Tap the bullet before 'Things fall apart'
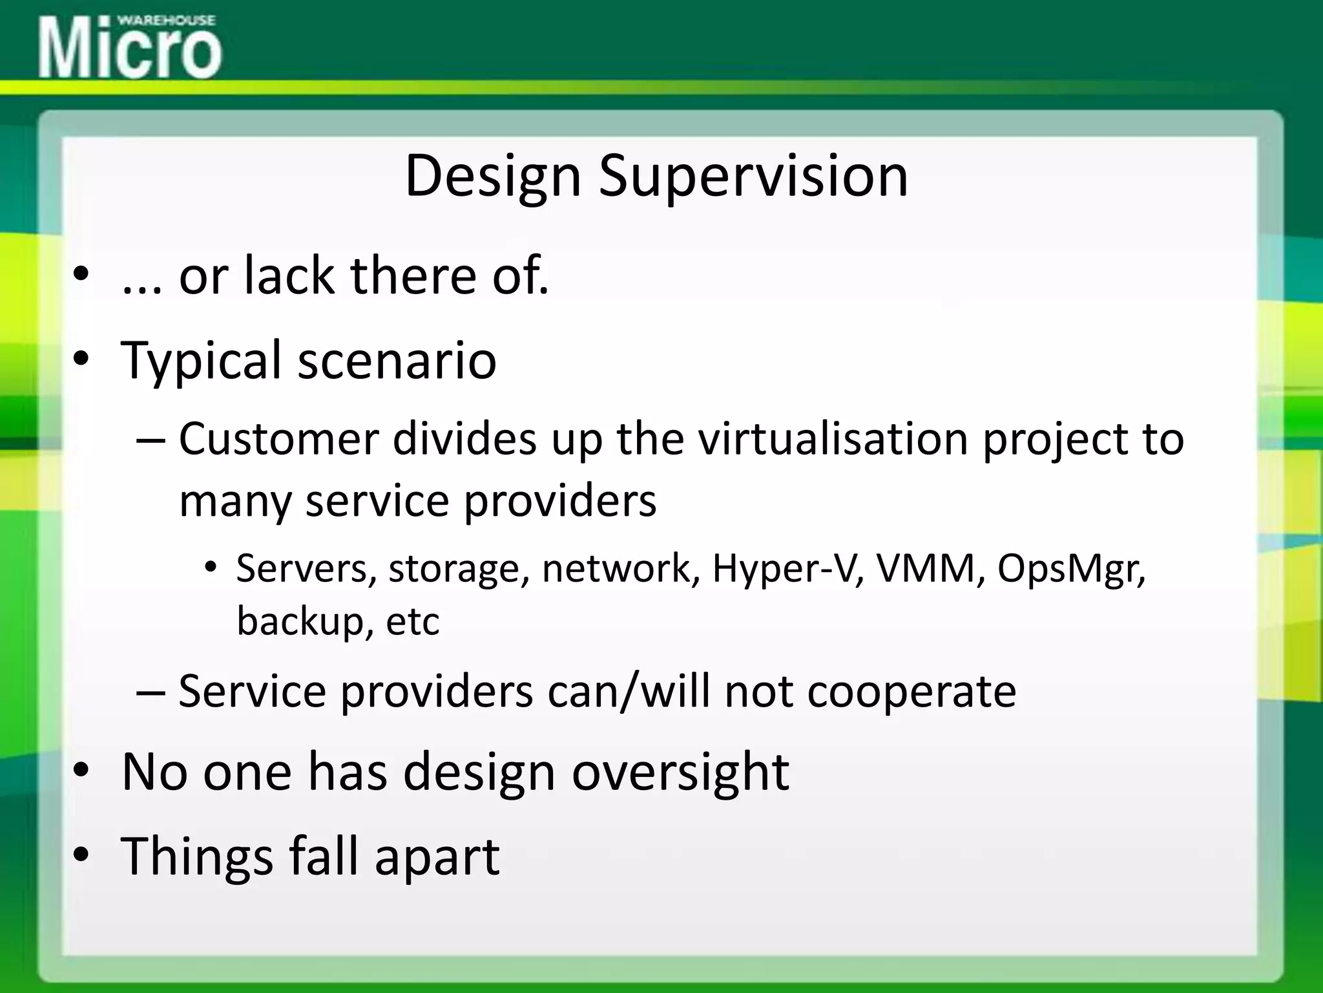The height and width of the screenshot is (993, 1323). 80,855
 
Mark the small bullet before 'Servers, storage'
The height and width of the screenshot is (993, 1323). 211,568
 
